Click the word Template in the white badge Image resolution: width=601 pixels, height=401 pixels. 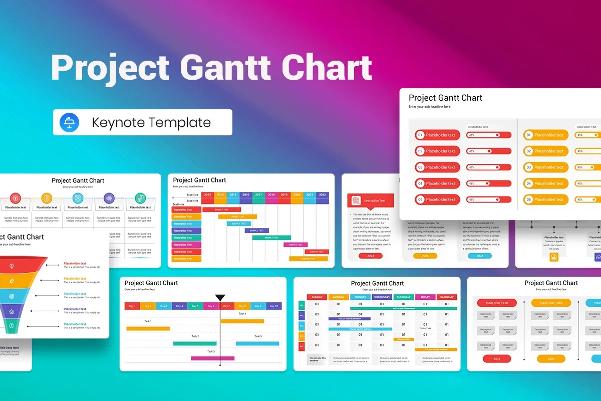pos(181,122)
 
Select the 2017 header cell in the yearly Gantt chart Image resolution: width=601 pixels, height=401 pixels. pos(258,194)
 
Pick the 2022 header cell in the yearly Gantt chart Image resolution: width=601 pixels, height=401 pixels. pos(322,194)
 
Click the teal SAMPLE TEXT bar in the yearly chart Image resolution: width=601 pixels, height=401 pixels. pos(271,238)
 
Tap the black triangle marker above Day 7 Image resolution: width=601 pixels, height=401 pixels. pos(220,298)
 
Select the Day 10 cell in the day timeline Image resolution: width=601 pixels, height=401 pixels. pos(273,306)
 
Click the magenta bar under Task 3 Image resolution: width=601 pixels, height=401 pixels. pos(212,358)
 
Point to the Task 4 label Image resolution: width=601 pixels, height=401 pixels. pos(242,314)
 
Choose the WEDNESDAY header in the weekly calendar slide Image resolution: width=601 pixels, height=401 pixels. pos(382,297)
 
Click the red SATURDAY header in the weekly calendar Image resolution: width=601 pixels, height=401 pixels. pos(447,297)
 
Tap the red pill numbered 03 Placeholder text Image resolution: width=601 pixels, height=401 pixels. pos(438,167)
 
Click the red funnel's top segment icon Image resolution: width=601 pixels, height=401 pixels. pos(12,266)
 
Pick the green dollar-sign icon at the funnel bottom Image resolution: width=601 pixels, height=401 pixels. pos(12,326)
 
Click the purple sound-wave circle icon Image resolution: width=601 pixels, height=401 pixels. pos(109,198)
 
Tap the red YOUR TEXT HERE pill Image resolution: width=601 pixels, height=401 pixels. pos(497,303)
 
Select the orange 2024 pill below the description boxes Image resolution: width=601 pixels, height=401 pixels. pos(551,359)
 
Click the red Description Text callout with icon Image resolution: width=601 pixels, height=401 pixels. pos(371,200)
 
